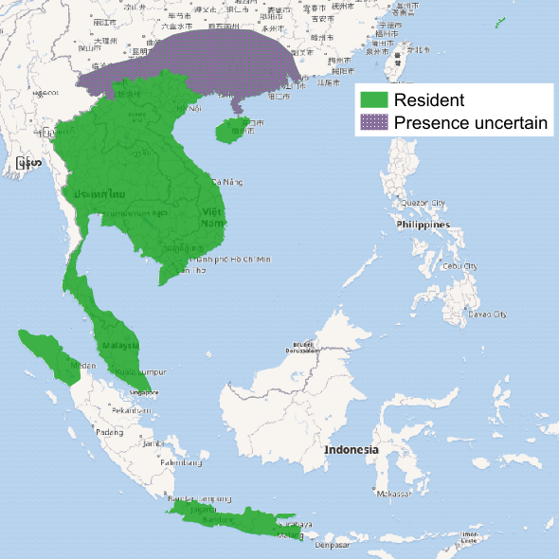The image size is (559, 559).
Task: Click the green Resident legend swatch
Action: point(374,99)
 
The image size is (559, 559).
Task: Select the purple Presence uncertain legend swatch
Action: point(374,122)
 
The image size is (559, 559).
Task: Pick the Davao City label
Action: point(486,314)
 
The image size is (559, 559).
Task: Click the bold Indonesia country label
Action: point(351,449)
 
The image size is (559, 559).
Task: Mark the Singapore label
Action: point(144,391)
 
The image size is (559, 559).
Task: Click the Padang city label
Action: point(110,432)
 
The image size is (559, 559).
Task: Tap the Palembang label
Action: point(181,463)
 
